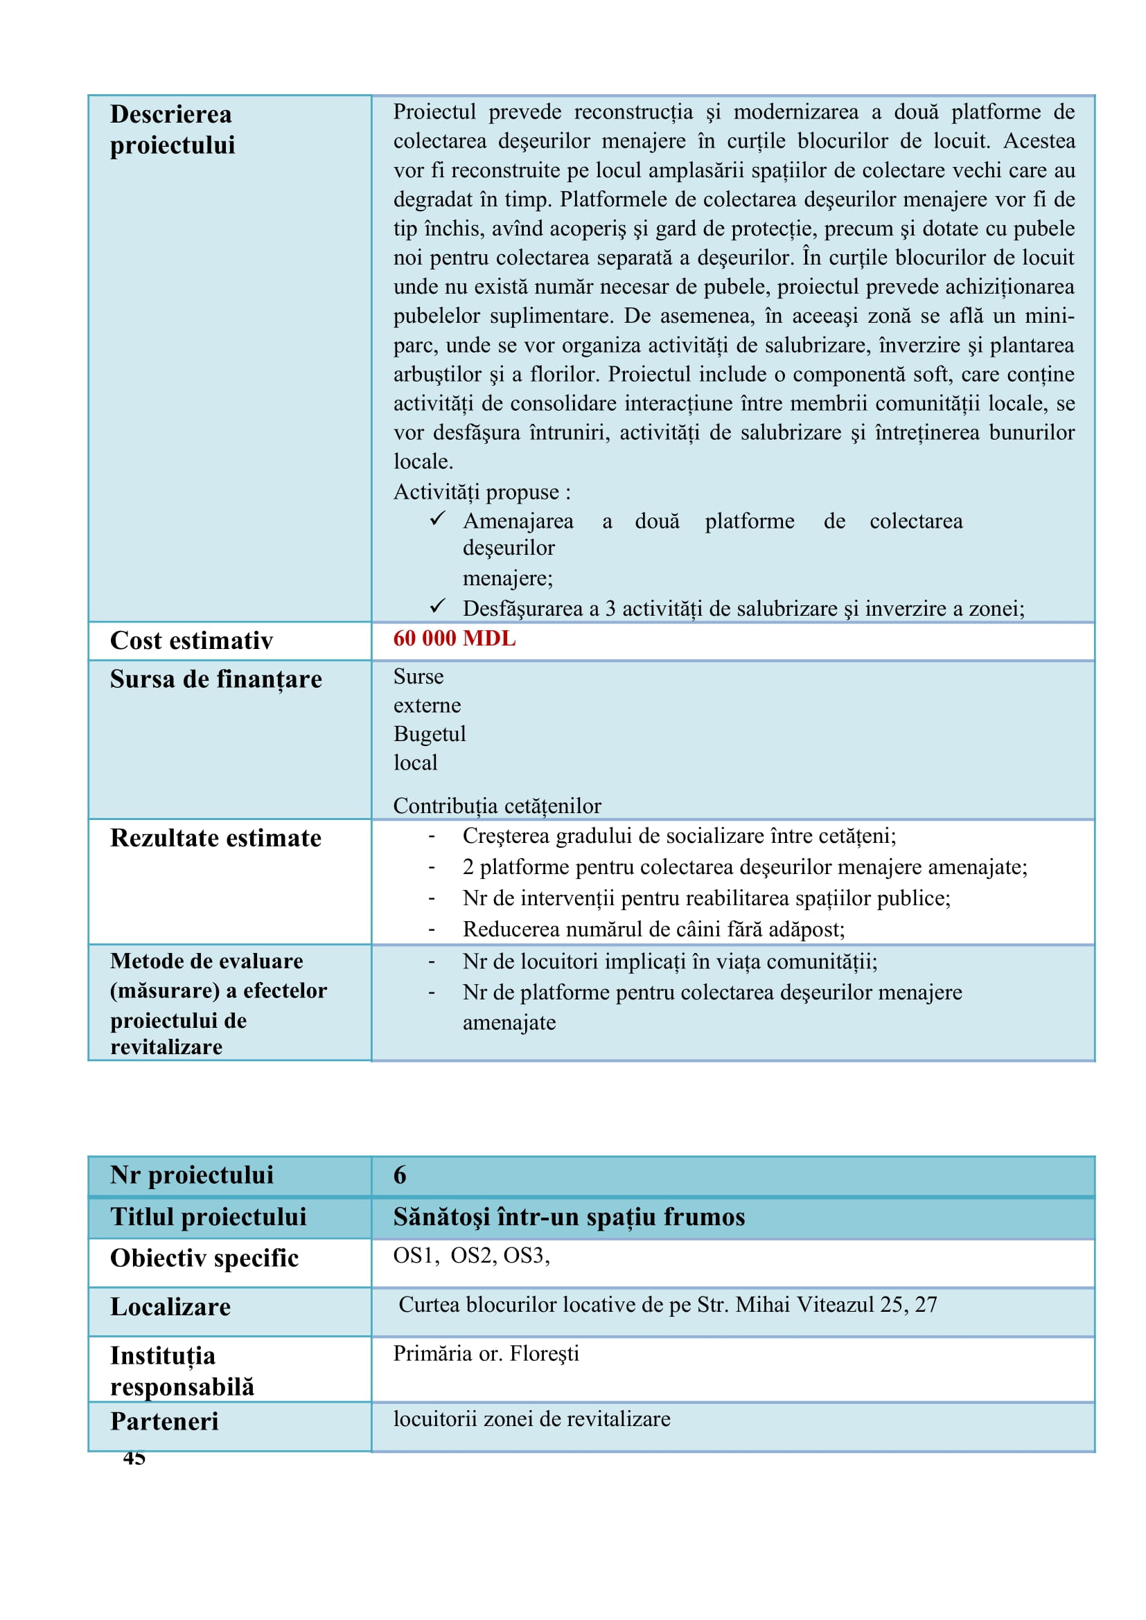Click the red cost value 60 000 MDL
(454, 639)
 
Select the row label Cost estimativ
(191, 641)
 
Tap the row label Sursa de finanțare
(216, 679)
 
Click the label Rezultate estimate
(215, 837)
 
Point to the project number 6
(399, 1175)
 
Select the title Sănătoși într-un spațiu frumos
(569, 1216)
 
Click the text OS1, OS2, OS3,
(470, 1255)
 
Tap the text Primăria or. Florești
(486, 1353)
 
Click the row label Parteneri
(164, 1421)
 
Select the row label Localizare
(170, 1307)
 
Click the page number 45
(134, 1458)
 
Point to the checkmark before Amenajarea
(437, 519)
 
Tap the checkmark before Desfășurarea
(437, 606)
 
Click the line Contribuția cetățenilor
(497, 805)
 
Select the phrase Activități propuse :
(482, 492)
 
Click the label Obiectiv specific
(204, 1258)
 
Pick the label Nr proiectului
(191, 1175)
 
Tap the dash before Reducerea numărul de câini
(431, 930)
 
